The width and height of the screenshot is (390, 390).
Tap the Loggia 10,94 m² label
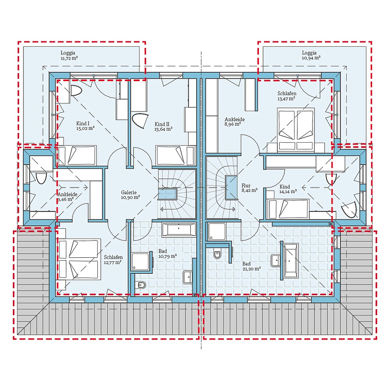click(310, 55)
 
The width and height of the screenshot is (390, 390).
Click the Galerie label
click(130, 195)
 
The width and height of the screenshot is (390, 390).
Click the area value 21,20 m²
click(252, 269)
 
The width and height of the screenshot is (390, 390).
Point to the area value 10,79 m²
click(168, 256)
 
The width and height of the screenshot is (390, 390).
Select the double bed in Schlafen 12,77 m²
click(80, 259)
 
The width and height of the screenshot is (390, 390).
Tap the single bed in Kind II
click(175, 155)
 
